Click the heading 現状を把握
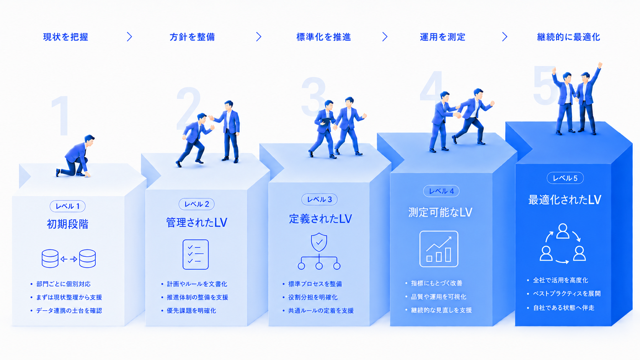coord(65,37)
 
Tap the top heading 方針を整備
coord(192,37)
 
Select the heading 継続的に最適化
coord(568,37)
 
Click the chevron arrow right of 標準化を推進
coord(385,37)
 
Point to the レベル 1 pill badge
coord(67,206)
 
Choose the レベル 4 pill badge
coord(441,191)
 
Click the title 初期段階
coord(67,224)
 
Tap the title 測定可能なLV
coord(440,212)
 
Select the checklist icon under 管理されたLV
coord(196,254)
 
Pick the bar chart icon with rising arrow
coord(439,249)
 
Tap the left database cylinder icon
coord(50,259)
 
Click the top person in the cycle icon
coord(563,231)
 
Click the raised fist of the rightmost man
coord(600,65)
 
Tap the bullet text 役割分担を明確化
coord(313,297)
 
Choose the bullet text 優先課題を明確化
coord(191,311)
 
